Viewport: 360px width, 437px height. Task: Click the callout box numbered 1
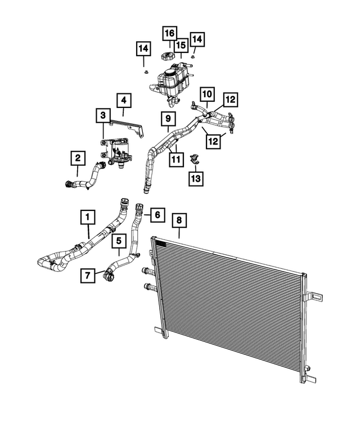[x=88, y=217]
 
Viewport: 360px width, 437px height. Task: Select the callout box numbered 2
[x=78, y=158]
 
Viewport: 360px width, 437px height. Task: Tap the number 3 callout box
[x=103, y=115]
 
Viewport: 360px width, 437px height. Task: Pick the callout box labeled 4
[x=124, y=100]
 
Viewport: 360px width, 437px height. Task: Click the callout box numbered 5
[x=119, y=241]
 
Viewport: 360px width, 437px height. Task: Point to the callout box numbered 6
[x=157, y=215]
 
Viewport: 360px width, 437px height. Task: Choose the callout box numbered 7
[x=88, y=276]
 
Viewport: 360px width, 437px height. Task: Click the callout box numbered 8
[x=179, y=220]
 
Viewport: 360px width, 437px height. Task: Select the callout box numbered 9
[x=168, y=119]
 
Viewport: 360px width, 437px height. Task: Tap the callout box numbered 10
[x=207, y=94]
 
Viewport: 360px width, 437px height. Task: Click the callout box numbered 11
[x=176, y=160]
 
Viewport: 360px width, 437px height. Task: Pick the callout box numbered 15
[x=181, y=45]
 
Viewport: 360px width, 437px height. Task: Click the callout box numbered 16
[x=170, y=33]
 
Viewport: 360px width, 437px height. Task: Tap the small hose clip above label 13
[x=194, y=159]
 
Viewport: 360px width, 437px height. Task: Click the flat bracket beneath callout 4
[x=128, y=128]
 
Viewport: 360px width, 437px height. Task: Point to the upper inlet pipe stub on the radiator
[x=147, y=271]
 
